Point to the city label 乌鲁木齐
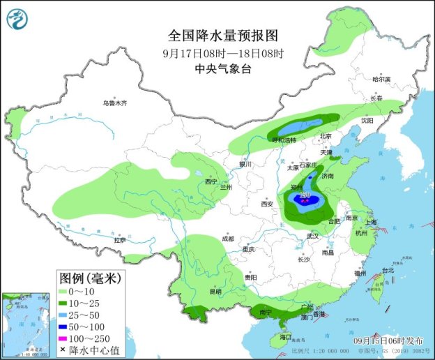tap(115, 103)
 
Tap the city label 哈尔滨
tap(381, 80)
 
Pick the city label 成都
tap(228, 239)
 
